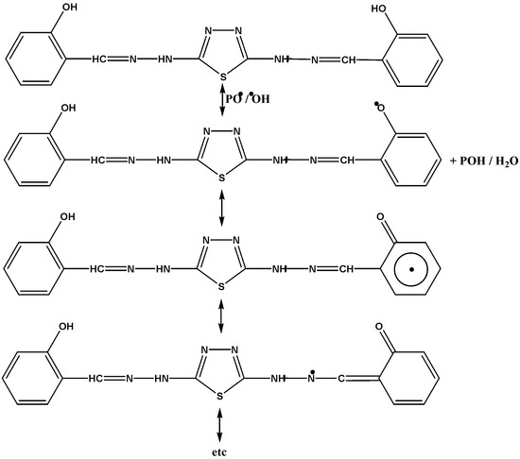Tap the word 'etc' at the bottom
click(220, 450)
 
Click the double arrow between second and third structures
click(220, 206)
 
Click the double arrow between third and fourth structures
click(220, 314)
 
